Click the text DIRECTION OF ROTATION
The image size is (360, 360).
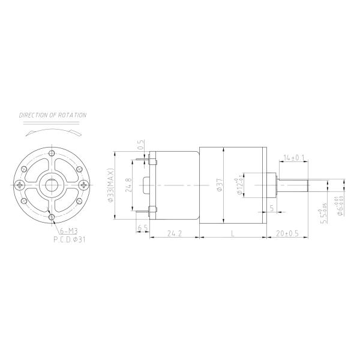(53, 114)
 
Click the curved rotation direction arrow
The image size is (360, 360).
(53, 130)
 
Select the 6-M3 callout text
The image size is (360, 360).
(67, 231)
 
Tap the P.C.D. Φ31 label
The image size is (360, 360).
(70, 239)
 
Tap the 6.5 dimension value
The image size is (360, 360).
(143, 228)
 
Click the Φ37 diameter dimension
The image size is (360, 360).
(220, 185)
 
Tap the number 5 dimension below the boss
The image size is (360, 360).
(272, 208)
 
